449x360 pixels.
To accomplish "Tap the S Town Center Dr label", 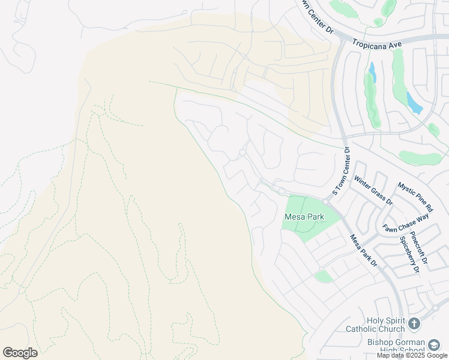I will coord(340,172).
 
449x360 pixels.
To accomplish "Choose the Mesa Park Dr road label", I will coord(363,250).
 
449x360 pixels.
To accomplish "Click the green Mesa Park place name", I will coord(304,217).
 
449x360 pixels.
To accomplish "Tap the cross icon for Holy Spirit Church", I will coord(414,325).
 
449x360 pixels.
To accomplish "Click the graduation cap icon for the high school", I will coord(434,344).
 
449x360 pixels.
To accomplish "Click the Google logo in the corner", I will coord(20,352).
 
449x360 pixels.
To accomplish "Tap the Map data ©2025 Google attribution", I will coord(412,355).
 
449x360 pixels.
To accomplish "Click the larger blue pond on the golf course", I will coord(414,103).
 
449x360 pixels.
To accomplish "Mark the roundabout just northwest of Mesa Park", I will coord(281,191).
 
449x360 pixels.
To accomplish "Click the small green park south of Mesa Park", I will coord(324,276).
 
